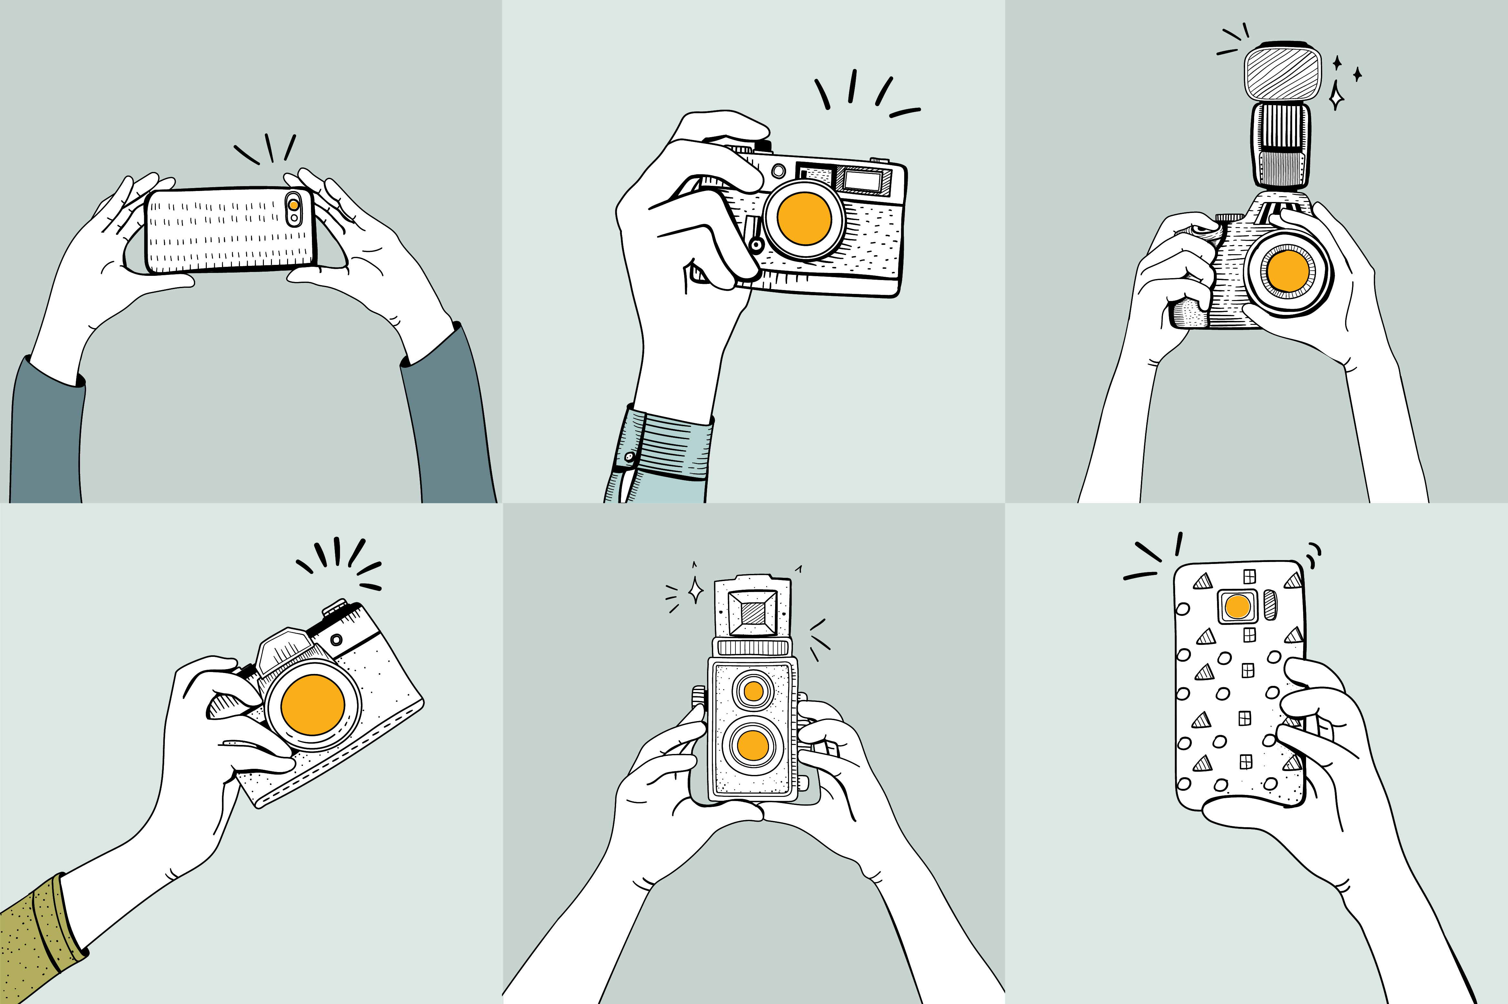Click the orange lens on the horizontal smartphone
293,205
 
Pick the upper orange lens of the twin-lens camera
754,691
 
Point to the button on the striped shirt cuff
629,457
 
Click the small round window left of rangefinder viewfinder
778,171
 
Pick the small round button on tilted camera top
336,639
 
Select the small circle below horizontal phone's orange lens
294,218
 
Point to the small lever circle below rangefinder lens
756,245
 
